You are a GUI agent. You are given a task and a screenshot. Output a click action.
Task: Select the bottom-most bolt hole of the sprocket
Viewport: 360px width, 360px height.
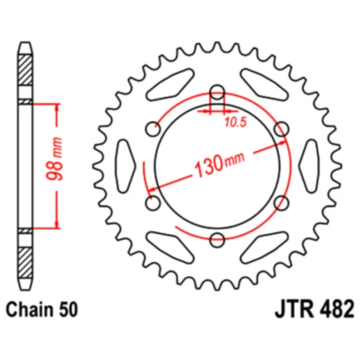pos(217,240)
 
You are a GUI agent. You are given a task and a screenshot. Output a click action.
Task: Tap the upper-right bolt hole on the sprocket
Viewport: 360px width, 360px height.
pos(281,129)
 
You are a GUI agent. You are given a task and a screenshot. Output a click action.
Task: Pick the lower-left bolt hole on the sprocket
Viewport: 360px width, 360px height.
pos(154,203)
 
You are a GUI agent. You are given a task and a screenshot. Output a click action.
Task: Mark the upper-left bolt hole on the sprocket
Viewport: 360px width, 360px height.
pos(154,129)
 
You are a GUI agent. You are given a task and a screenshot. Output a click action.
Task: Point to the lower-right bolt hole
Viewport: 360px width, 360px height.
pos(281,203)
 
